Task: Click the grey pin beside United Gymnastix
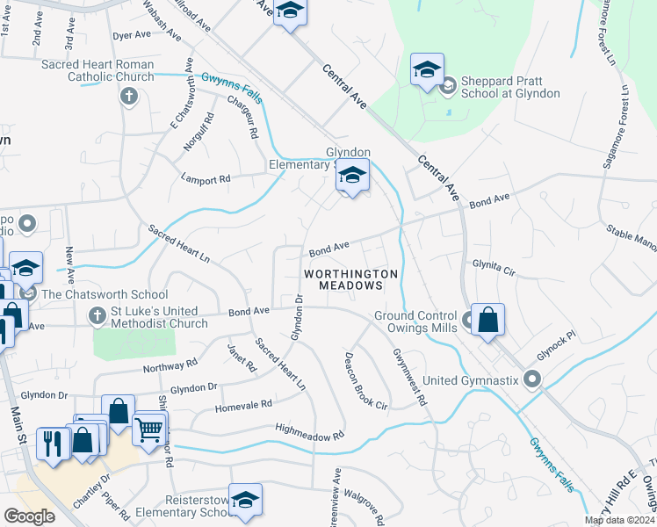click(x=531, y=380)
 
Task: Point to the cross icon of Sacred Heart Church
click(x=129, y=95)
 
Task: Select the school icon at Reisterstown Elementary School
click(x=246, y=500)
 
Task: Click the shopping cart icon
click(x=148, y=430)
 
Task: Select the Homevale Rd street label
click(x=243, y=406)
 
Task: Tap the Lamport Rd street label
click(x=205, y=178)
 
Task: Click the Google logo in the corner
click(x=29, y=516)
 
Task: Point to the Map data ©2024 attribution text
click(x=619, y=520)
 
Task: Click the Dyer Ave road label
click(x=133, y=35)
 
